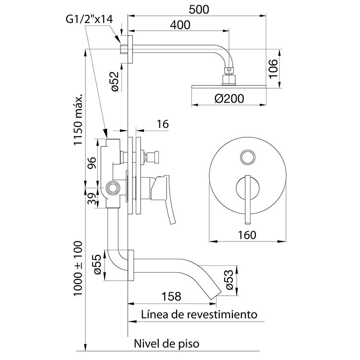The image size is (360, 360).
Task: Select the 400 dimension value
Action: tap(179, 25)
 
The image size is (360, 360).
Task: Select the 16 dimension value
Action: tap(162, 124)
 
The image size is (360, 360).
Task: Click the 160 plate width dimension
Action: tap(248, 234)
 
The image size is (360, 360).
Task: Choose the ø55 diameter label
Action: tap(96, 264)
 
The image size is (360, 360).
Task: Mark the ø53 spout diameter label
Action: tap(229, 279)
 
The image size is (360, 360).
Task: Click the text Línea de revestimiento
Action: tap(200, 314)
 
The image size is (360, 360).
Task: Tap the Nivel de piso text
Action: tap(166, 344)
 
